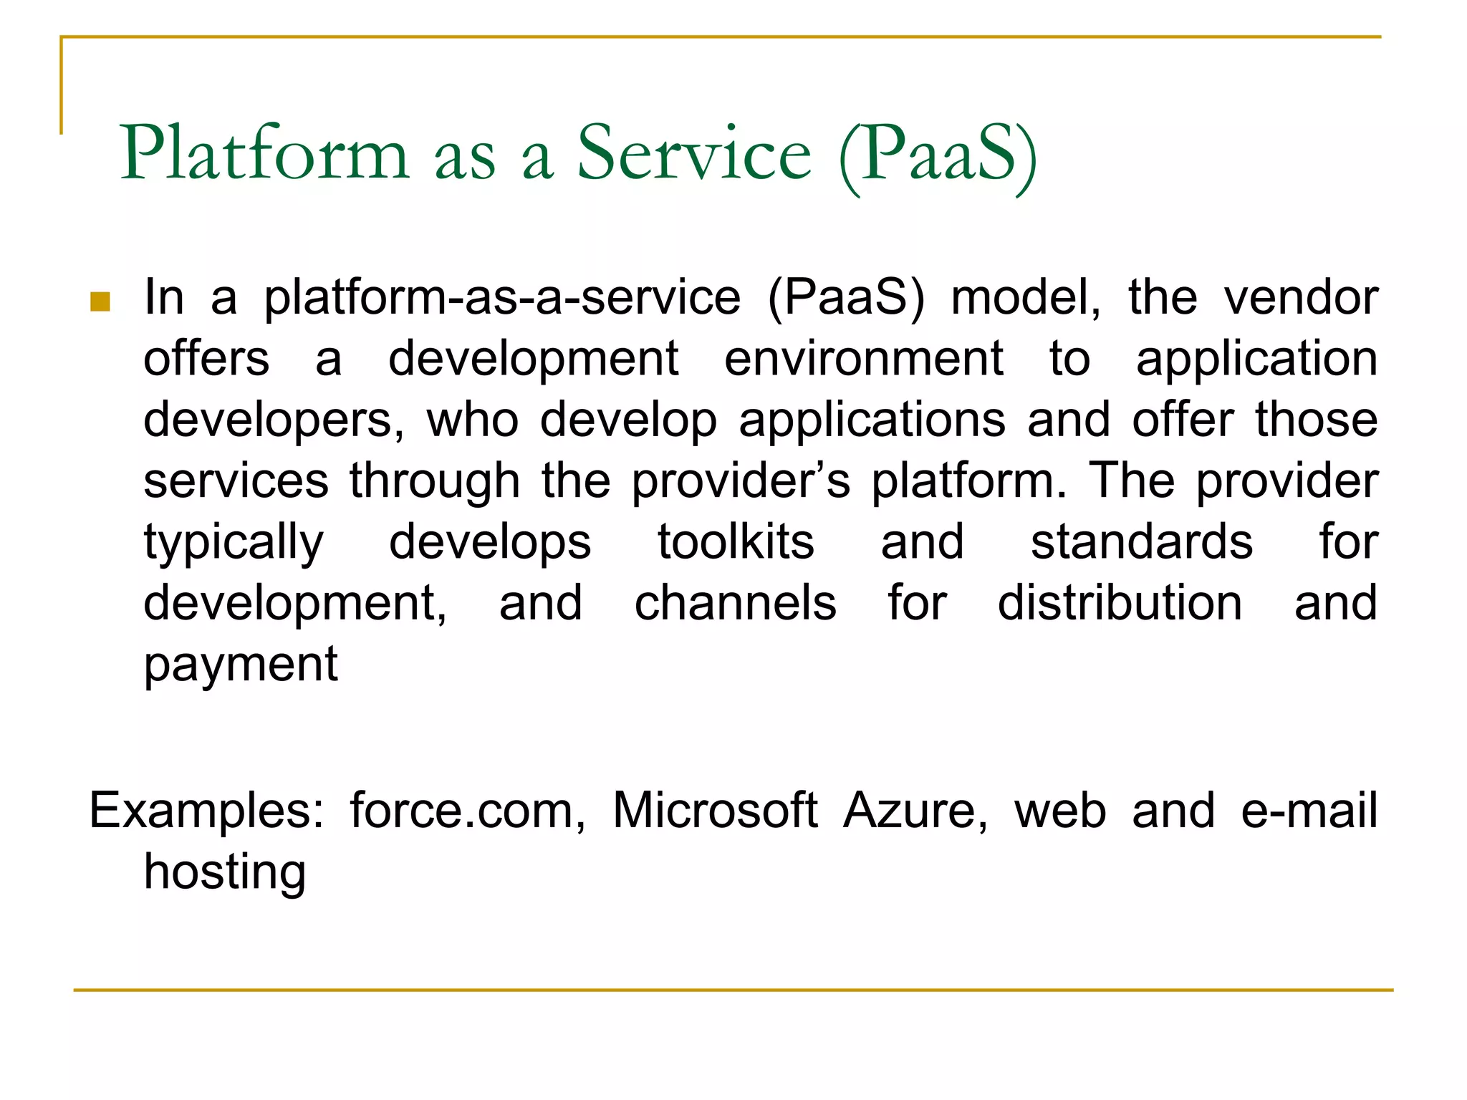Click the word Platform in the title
tap(264, 153)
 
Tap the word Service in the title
tap(694, 153)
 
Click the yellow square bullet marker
tap(100, 302)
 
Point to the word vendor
tap(1301, 297)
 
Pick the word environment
tap(864, 358)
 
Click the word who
tap(473, 420)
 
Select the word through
tap(435, 481)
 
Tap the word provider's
tap(741, 481)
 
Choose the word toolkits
tap(736, 542)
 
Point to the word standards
tap(1142, 542)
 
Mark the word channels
tap(736, 603)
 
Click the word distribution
tap(1120, 603)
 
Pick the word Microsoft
tap(715, 811)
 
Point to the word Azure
tap(915, 811)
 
